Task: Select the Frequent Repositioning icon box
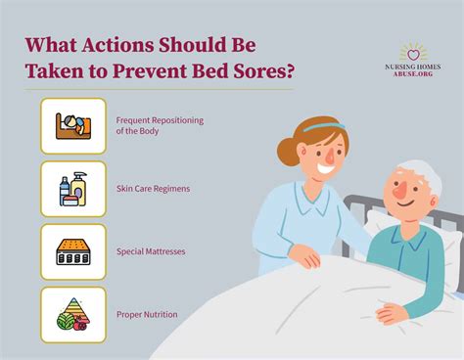tap(73, 125)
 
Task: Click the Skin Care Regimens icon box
tap(73, 188)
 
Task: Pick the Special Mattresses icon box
tap(73, 251)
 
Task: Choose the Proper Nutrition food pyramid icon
tap(73, 313)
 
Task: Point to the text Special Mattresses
tap(151, 251)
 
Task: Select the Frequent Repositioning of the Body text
tap(159, 125)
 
